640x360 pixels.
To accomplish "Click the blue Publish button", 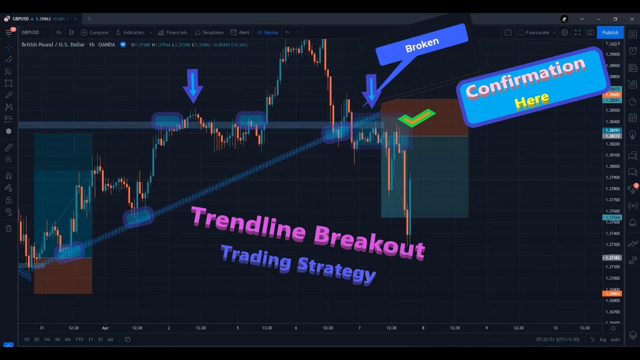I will pos(610,32).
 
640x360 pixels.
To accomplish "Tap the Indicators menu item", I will pos(133,32).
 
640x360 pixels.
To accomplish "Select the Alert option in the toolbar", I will pos(243,32).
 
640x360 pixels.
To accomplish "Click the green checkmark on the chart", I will pos(416,118).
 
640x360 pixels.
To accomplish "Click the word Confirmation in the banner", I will pos(525,78).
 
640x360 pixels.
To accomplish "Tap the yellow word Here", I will pos(531,100).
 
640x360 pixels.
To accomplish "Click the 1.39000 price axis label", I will pos(612,54).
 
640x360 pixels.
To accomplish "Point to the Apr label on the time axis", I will pos(105,328).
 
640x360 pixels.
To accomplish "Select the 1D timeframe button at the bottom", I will pos(26,339).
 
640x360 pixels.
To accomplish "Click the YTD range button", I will pos(79,339).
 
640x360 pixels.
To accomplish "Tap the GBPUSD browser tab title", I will pos(20,19).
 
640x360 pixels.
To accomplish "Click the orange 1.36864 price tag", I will pos(612,293).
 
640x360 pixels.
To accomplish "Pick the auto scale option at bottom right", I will pos(615,339).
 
